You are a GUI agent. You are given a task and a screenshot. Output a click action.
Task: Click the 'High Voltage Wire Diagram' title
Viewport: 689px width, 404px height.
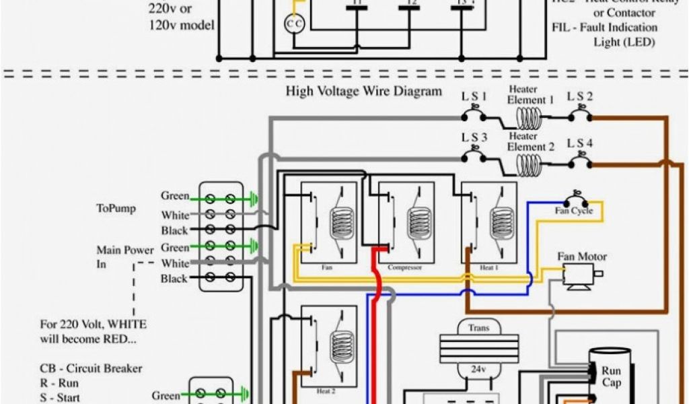[364, 91]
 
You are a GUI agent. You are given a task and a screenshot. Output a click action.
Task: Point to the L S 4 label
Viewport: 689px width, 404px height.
[579, 143]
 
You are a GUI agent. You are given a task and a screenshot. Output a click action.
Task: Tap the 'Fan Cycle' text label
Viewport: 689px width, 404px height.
[573, 211]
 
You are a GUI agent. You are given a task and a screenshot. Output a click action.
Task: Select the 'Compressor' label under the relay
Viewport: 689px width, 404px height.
[404, 267]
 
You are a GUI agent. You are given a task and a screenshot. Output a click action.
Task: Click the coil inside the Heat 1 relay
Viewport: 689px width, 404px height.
[501, 222]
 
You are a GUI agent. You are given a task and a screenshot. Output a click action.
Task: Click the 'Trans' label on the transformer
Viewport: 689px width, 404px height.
[474, 328]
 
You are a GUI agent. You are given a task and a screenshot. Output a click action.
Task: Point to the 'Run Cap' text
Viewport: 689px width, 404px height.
[612, 377]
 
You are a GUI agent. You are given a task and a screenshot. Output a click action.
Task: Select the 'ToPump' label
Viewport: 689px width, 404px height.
[116, 209]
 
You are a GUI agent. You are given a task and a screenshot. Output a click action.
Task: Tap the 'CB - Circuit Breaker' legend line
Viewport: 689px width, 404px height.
[91, 369]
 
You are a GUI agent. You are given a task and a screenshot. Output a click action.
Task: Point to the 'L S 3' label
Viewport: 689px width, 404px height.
[474, 138]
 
